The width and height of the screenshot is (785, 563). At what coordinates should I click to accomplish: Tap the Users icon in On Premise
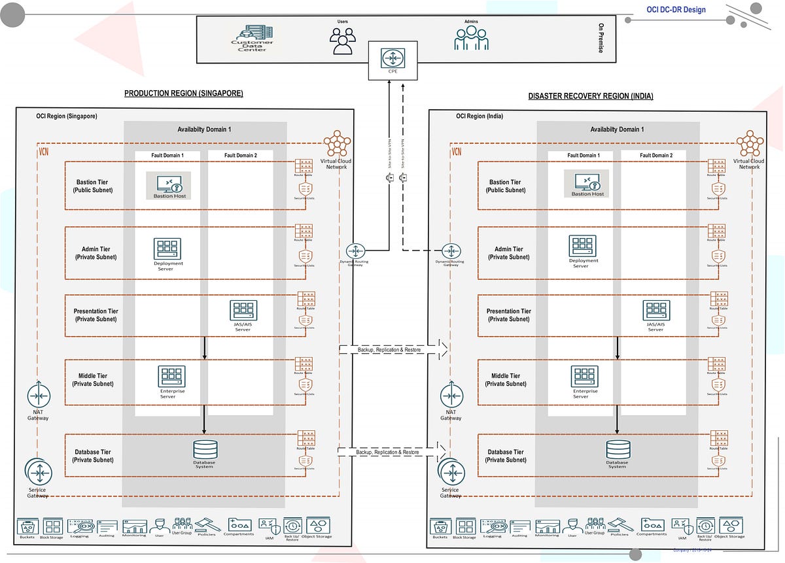tap(342, 41)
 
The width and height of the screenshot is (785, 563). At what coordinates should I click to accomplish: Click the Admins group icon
tap(471, 38)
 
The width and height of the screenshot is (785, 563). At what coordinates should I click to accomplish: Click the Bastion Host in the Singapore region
tap(168, 185)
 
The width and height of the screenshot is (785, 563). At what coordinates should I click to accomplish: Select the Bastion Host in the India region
tap(587, 183)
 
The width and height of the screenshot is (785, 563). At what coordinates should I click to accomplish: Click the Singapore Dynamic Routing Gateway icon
tap(356, 251)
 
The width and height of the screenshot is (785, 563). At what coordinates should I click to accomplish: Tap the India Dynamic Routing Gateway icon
tap(451, 251)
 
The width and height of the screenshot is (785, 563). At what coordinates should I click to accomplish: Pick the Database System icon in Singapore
tap(205, 449)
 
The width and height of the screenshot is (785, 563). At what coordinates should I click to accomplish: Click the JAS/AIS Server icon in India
tap(655, 311)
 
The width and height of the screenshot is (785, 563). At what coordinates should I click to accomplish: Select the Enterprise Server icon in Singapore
tap(171, 377)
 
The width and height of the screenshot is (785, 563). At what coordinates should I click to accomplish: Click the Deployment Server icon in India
tap(582, 246)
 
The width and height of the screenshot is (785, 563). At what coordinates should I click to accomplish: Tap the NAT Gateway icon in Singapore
tap(38, 396)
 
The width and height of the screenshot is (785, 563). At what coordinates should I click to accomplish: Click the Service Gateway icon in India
tap(450, 471)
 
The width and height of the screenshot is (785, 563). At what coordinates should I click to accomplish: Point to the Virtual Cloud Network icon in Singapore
tap(337, 144)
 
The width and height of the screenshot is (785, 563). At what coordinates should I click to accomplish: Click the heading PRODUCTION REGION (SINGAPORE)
tap(184, 94)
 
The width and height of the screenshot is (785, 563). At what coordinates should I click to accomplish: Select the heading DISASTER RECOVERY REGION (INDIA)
tap(591, 96)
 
